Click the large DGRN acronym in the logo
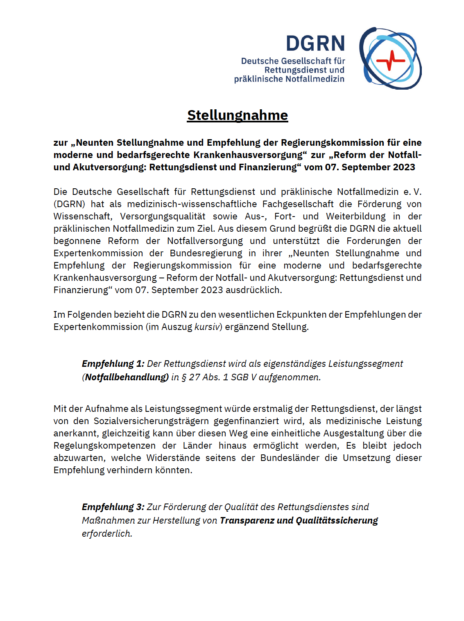315,43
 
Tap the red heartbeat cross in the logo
390,60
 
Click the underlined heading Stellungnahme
238,115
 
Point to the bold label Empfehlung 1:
113,364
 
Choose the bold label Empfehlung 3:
113,507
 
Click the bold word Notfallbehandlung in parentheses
127,377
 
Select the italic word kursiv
207,327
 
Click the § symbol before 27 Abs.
184,377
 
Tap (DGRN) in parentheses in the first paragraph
69,204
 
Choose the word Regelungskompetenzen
104,445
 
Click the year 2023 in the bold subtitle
404,167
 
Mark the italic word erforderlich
107,533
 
